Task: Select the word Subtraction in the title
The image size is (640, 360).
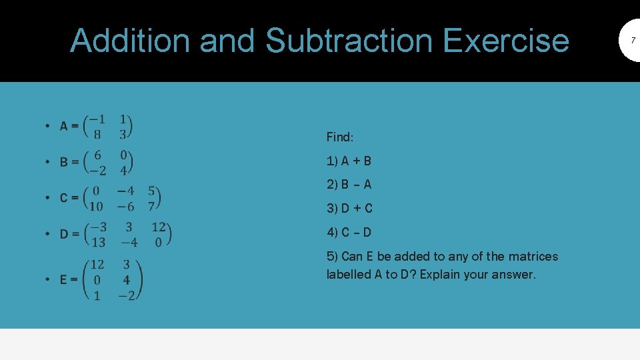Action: click(x=349, y=40)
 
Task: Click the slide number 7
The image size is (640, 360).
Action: click(x=633, y=41)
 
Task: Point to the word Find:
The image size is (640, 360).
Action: click(x=340, y=137)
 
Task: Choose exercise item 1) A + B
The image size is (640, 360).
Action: click(x=349, y=161)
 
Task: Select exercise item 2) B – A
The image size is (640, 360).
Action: click(x=349, y=185)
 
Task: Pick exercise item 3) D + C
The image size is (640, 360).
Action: click(x=349, y=209)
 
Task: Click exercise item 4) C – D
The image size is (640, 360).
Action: click(x=349, y=233)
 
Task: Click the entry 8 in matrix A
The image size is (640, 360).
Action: click(x=97, y=134)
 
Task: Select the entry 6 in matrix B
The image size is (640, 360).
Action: click(x=98, y=155)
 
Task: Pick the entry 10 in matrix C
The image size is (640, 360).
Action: click(x=96, y=207)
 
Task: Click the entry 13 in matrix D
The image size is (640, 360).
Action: click(x=97, y=242)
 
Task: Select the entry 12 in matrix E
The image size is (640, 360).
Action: click(x=97, y=265)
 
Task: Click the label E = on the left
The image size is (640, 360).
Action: click(x=69, y=279)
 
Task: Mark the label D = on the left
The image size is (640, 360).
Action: click(x=69, y=234)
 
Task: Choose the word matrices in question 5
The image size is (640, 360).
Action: click(x=533, y=257)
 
